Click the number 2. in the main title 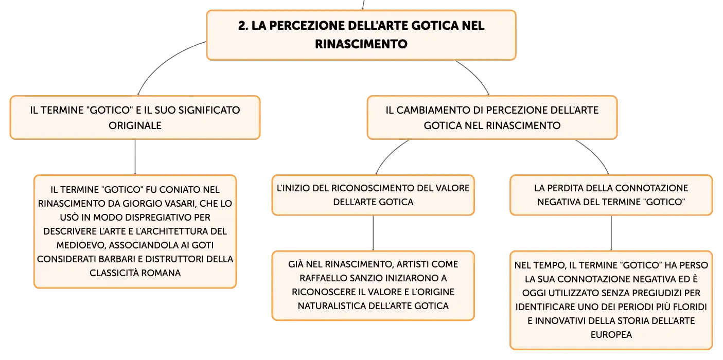click(x=243, y=26)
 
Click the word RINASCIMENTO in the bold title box click(x=361, y=44)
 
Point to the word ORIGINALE click(x=135, y=125)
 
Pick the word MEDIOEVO click(x=81, y=245)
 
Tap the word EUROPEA click(x=611, y=334)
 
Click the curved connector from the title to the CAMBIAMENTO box click(x=477, y=75)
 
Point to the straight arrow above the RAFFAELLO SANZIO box click(x=373, y=233)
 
